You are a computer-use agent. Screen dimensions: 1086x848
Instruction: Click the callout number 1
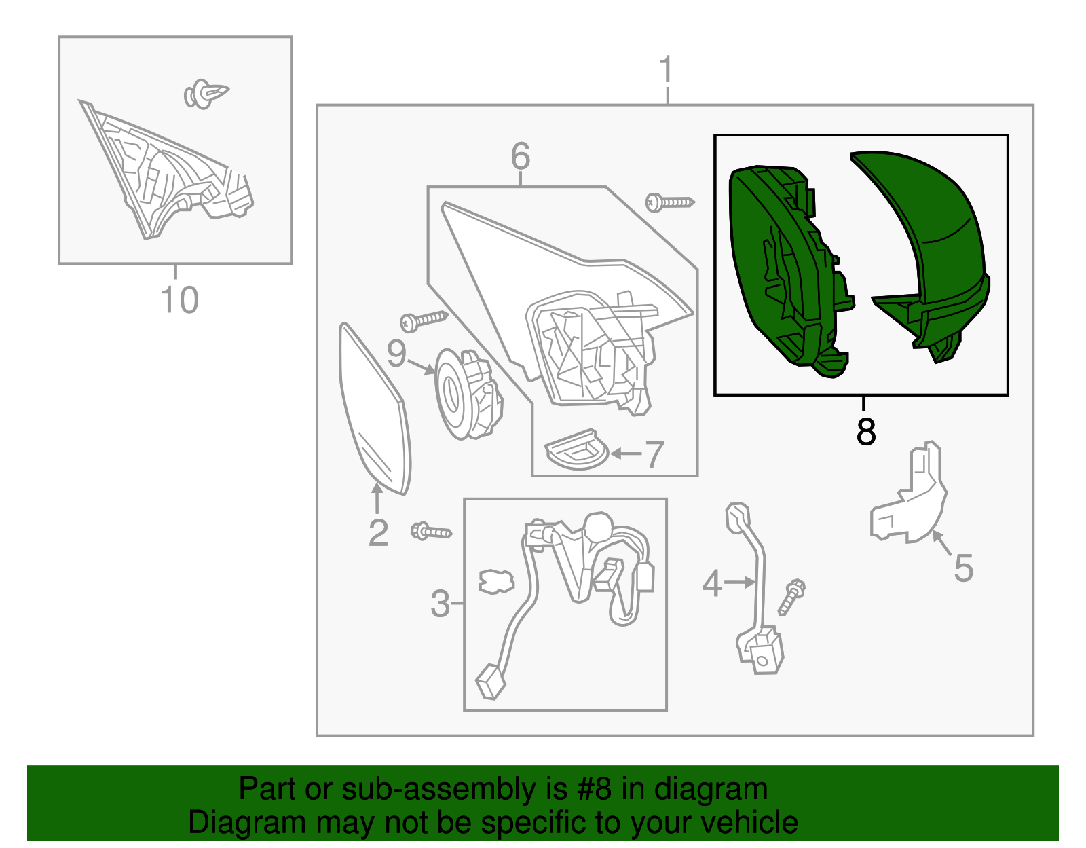[667, 69]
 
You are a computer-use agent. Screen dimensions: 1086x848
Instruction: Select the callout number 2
[378, 533]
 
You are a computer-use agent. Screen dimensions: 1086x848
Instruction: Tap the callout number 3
[440, 604]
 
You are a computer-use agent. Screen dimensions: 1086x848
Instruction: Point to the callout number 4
[712, 583]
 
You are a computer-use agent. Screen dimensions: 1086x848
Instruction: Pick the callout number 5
[964, 568]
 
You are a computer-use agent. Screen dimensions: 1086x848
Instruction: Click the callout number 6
[520, 155]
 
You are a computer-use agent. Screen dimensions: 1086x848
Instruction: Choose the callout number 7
[654, 454]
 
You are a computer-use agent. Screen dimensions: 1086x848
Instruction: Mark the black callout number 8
[865, 431]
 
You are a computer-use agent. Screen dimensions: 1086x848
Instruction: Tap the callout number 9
[396, 353]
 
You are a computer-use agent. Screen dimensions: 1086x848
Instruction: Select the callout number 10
[179, 300]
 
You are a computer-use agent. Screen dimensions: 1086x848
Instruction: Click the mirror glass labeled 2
[374, 409]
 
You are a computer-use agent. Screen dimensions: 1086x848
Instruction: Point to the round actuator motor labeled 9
[468, 394]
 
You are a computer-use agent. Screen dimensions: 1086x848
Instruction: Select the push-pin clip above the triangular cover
[206, 94]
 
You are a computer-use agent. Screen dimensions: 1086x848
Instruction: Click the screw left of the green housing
[670, 202]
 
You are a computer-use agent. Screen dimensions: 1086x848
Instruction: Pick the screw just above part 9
[424, 321]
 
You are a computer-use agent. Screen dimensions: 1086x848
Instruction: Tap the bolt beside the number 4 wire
[791, 597]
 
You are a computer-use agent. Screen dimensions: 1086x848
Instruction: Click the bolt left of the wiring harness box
[431, 531]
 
